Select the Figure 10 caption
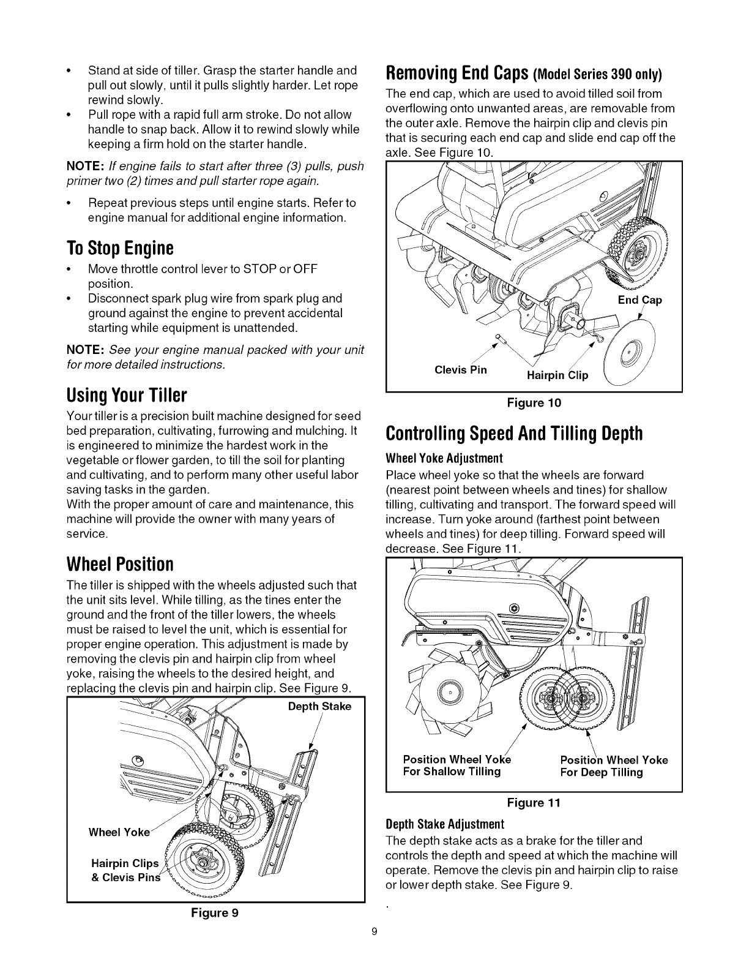pos(534,402)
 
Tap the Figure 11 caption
pos(534,802)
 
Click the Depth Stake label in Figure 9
pos(319,706)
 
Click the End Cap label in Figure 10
pos(640,300)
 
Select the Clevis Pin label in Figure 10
pos(461,370)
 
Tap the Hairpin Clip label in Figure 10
pos(557,375)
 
